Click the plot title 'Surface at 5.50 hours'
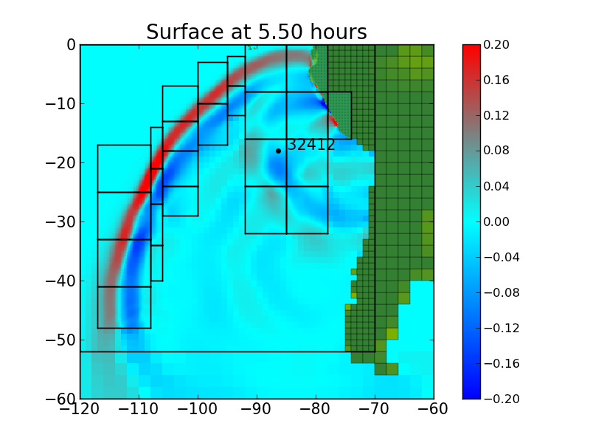click(x=256, y=32)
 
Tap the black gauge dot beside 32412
click(x=278, y=151)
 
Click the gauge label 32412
click(x=311, y=145)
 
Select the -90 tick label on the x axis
click(x=257, y=411)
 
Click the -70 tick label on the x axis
click(x=375, y=411)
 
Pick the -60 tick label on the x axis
click(x=434, y=411)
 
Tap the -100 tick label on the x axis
click(x=198, y=411)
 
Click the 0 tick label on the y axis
click(x=71, y=45)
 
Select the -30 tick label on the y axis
click(x=60, y=222)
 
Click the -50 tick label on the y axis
click(x=60, y=340)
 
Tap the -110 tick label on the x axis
click(x=139, y=411)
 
